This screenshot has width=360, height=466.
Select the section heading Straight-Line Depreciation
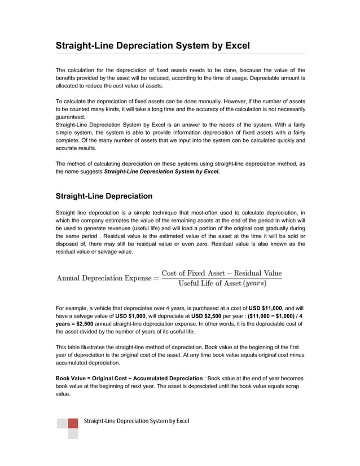tap(104, 196)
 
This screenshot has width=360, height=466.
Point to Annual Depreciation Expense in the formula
tap(104, 278)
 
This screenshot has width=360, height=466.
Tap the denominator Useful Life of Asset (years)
tap(222, 283)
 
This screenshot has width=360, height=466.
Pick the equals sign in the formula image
tap(156, 278)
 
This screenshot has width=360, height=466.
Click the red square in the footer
tap(73, 423)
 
